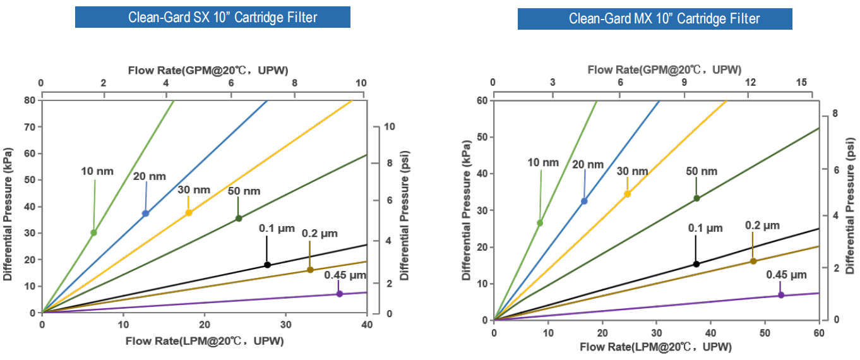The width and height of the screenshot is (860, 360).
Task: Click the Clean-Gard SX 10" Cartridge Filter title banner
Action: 212,17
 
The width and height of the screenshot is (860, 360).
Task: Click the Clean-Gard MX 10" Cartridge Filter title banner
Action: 655,18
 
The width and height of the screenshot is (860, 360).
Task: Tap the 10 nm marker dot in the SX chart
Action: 93,232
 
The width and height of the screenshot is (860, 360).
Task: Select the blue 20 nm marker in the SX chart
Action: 146,213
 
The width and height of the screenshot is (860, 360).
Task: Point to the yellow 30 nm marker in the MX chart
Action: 627,194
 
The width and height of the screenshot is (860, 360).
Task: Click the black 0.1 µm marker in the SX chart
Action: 267,265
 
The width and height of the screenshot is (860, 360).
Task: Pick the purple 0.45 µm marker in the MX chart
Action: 781,295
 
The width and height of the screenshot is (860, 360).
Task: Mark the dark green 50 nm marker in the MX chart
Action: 696,198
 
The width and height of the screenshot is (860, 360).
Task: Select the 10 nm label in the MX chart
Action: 543,162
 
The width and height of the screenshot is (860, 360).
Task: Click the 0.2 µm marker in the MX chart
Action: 753,261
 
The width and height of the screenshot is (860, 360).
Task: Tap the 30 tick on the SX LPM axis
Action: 285,325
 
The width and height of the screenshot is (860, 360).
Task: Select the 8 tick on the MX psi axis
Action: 835,114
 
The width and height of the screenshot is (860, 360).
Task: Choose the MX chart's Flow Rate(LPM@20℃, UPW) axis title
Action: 655,347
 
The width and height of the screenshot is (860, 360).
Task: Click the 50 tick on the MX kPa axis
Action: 483,137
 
